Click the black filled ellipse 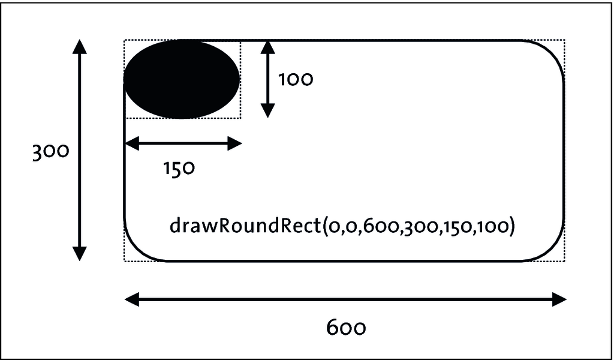[182, 79]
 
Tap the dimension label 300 [50, 152]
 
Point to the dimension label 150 [179, 169]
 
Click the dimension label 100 [296, 80]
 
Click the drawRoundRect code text [342, 226]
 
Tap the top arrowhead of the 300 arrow [80, 46]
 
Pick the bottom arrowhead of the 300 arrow [80, 254]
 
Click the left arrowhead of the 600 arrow [132, 300]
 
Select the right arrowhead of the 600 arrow [559, 300]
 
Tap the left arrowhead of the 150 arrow [132, 144]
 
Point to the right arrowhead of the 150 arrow [234, 144]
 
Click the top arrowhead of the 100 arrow [267, 47]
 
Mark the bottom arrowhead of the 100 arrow [267, 111]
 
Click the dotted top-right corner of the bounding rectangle [564, 40]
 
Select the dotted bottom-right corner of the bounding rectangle [564, 261]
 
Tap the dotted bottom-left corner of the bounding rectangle [125, 261]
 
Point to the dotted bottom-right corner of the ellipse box [240, 118]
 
